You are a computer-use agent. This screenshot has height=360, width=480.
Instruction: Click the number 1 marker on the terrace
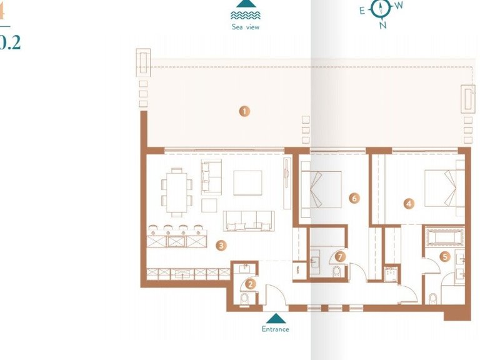[244, 111]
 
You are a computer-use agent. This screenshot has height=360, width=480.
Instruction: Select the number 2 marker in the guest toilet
[251, 284]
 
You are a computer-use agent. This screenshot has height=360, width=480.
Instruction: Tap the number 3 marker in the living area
[221, 246]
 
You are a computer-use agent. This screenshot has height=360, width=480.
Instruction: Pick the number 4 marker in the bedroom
[409, 203]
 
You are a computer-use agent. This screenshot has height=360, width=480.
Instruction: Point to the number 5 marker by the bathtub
[445, 256]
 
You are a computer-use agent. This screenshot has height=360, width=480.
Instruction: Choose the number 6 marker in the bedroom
[354, 198]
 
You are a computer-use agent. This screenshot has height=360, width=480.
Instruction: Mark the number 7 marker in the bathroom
[340, 256]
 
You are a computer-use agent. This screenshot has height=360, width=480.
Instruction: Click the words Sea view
[244, 27]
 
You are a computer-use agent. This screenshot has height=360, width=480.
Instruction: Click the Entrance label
[275, 329]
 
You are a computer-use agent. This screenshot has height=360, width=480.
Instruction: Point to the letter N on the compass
[383, 25]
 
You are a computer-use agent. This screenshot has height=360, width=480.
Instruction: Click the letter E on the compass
[362, 10]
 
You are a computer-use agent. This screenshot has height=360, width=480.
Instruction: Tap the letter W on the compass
[399, 6]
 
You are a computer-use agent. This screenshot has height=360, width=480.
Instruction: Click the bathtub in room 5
[443, 238]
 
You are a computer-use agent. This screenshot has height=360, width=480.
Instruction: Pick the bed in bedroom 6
[321, 189]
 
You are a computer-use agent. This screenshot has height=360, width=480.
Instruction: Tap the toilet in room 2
[244, 299]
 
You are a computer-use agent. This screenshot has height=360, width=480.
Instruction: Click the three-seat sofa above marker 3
[249, 219]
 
